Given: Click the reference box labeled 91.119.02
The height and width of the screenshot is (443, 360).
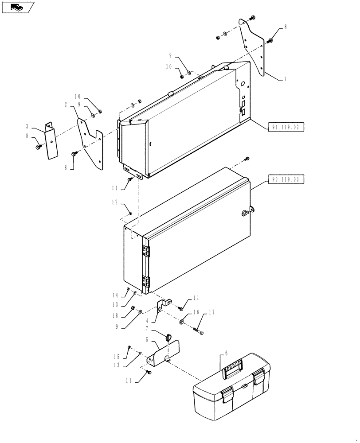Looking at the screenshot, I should click(x=286, y=128).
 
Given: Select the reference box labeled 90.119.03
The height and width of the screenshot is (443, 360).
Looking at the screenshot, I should click(x=286, y=180).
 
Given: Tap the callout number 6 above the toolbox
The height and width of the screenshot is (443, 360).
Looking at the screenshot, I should click(x=226, y=354).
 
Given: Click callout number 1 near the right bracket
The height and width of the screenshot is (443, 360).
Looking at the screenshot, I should click(x=285, y=79).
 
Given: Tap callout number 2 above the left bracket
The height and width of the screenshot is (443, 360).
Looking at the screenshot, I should click(x=66, y=105).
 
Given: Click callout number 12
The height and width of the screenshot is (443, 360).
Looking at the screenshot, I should click(x=115, y=202).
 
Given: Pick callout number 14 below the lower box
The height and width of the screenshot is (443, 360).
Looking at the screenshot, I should click(x=115, y=295).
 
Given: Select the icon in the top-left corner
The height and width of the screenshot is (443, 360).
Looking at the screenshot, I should click(x=18, y=7).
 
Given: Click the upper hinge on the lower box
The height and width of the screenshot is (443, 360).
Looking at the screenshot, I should click(x=145, y=251).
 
